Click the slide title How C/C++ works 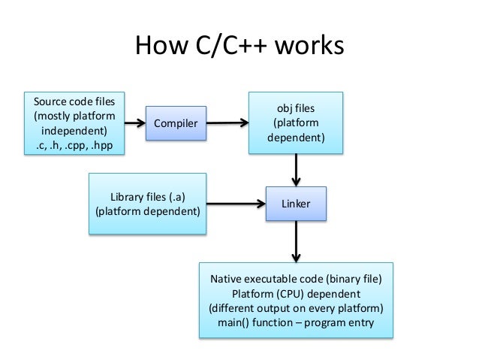[239, 47]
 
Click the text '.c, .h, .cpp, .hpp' [74, 146]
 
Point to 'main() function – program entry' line [295, 323]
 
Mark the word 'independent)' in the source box [74, 131]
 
